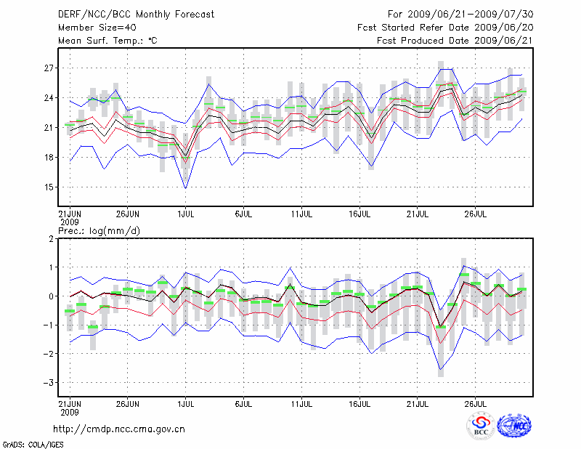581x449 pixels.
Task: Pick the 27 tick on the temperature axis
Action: [49, 68]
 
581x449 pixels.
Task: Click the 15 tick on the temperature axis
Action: [49, 187]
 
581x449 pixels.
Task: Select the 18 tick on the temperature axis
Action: [49, 157]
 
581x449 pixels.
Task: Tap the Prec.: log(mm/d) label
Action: [99, 231]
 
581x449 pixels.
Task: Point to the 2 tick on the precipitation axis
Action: [51, 238]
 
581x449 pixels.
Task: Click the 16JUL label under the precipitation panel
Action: [360, 402]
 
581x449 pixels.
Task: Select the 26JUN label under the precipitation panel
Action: [127, 402]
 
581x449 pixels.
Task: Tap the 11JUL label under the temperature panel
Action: [302, 215]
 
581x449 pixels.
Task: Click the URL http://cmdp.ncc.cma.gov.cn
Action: [119, 429]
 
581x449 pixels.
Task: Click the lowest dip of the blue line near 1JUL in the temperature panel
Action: [186, 189]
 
